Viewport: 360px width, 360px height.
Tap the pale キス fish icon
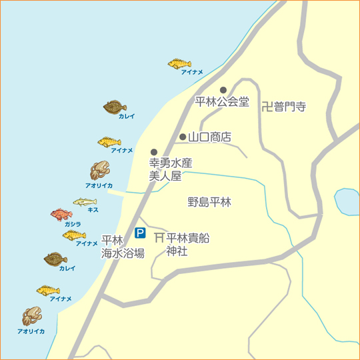click(85, 202)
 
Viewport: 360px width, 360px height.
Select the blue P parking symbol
click(140, 233)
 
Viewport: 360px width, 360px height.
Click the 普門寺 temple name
click(291, 105)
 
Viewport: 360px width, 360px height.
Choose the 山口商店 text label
click(209, 137)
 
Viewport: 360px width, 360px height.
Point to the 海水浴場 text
click(123, 253)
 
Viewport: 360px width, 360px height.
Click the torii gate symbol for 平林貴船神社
click(159, 238)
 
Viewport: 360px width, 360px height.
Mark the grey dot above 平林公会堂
click(224, 89)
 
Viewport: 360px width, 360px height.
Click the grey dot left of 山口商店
click(183, 137)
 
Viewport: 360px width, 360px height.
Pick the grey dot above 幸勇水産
click(154, 152)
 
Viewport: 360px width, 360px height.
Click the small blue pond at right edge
click(347, 201)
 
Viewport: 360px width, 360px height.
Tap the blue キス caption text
click(93, 209)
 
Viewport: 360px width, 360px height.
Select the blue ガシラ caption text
click(73, 224)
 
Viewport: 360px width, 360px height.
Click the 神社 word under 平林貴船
click(177, 251)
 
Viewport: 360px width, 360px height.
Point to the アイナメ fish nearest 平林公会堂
click(179, 63)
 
